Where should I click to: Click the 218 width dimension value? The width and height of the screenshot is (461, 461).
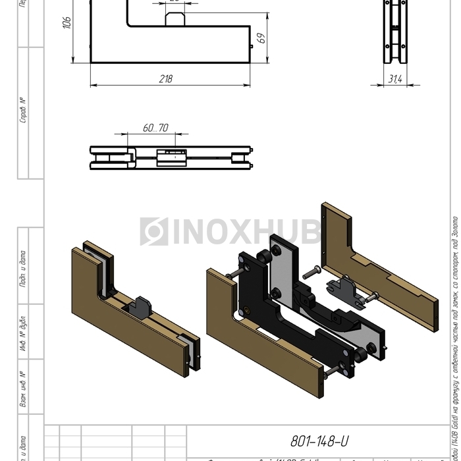click(166, 79)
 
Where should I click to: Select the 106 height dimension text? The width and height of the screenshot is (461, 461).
click(66, 24)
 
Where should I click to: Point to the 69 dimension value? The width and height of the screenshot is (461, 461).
click(261, 39)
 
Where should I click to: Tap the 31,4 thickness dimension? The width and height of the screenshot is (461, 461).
click(395, 79)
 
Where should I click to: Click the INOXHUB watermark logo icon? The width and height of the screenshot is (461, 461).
click(153, 232)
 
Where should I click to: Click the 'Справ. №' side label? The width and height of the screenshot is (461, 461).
click(23, 111)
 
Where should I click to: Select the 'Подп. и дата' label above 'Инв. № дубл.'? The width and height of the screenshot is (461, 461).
click(23, 269)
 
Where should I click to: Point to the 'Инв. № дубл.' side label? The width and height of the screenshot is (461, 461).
click(23, 333)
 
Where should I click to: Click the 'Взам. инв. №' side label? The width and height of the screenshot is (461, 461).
click(23, 389)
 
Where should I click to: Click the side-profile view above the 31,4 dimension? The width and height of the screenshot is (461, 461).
click(395, 33)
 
